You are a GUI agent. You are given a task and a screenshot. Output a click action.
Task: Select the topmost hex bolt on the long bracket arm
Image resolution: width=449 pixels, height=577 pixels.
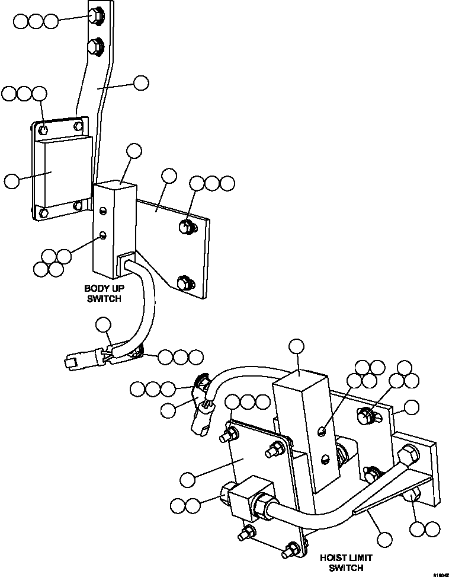95,16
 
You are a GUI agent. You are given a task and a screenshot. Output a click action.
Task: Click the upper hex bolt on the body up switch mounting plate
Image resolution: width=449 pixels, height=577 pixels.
185,226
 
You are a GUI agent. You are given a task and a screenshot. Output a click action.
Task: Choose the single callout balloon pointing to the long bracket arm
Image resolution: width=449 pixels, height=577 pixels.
141,83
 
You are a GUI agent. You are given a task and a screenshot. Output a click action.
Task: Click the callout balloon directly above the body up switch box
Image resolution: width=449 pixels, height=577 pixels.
134,151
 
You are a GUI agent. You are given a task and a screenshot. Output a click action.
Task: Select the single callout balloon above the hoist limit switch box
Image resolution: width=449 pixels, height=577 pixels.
295,348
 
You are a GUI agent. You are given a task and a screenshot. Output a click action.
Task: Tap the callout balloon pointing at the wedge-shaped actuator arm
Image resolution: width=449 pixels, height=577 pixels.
385,539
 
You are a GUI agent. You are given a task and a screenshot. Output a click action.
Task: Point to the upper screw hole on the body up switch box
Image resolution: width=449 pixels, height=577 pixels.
104,211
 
